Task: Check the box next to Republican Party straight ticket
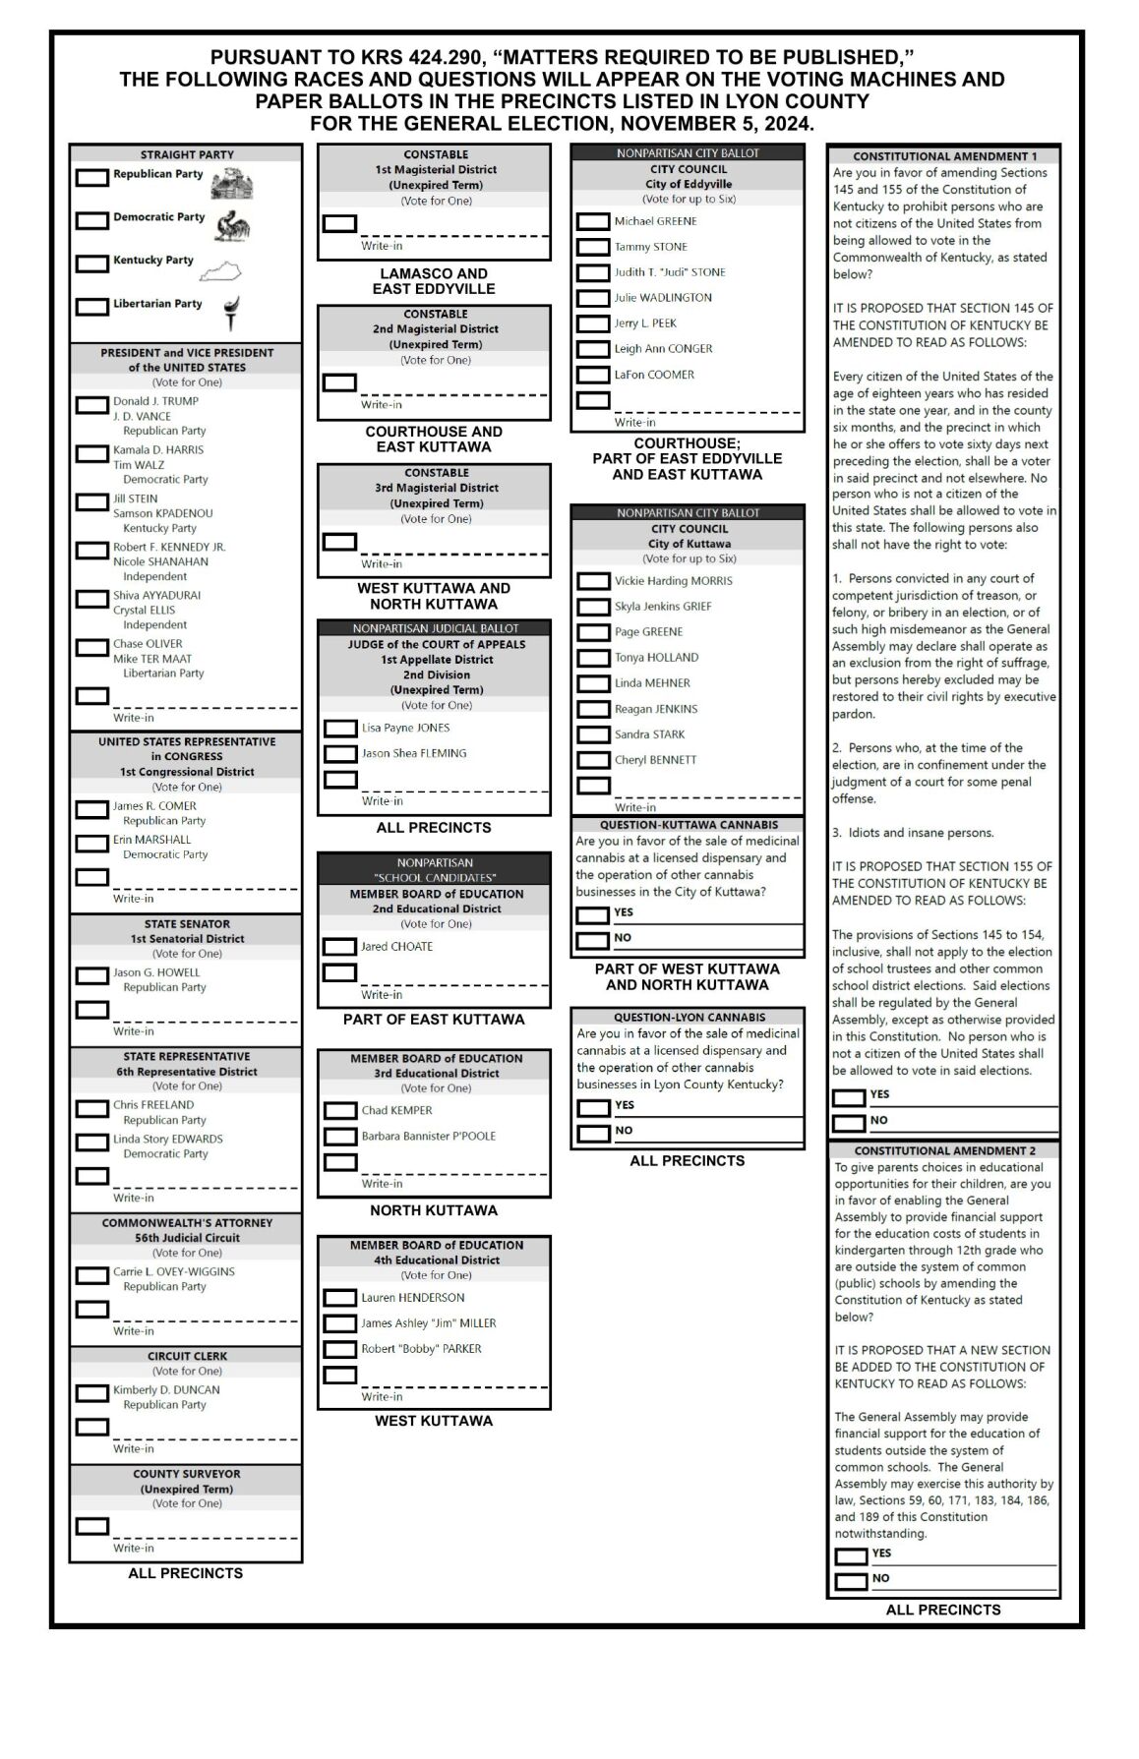tap(92, 178)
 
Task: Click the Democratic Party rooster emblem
tap(233, 225)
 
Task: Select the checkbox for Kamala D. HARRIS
tap(92, 453)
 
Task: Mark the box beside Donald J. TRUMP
tap(92, 405)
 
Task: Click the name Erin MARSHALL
tap(151, 840)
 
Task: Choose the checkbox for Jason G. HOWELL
tap(92, 975)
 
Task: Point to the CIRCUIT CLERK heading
tap(187, 1356)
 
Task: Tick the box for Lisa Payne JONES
tap(340, 729)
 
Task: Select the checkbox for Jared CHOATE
tap(340, 947)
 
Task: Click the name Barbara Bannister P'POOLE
tap(428, 1136)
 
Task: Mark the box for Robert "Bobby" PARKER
tap(340, 1350)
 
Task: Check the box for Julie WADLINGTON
tap(593, 298)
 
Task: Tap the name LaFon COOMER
tap(654, 375)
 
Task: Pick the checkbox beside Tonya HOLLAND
tap(593, 658)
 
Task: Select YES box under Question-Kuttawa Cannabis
tap(593, 915)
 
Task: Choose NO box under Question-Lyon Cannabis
tap(594, 1134)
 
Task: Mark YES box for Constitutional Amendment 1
tap(849, 1097)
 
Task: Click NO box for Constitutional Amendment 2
tap(851, 1582)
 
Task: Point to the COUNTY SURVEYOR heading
tap(187, 1474)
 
